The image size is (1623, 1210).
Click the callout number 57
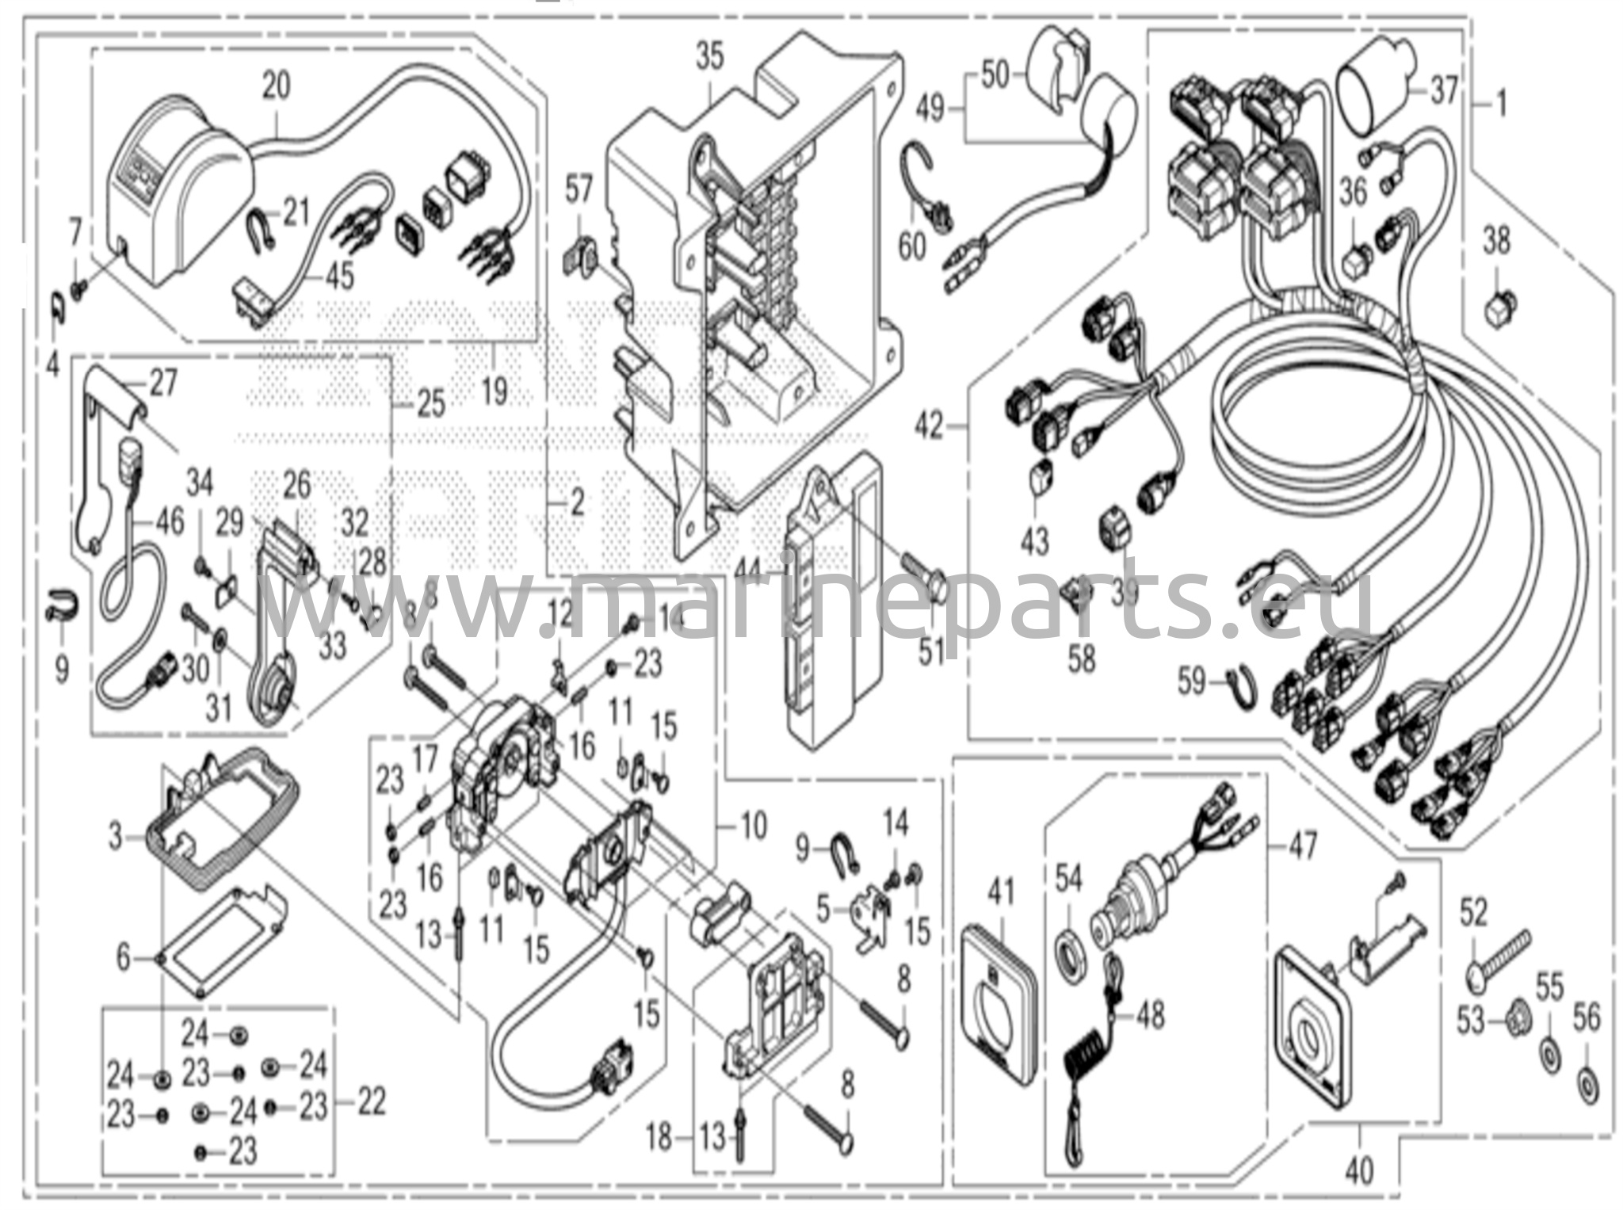(x=579, y=190)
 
